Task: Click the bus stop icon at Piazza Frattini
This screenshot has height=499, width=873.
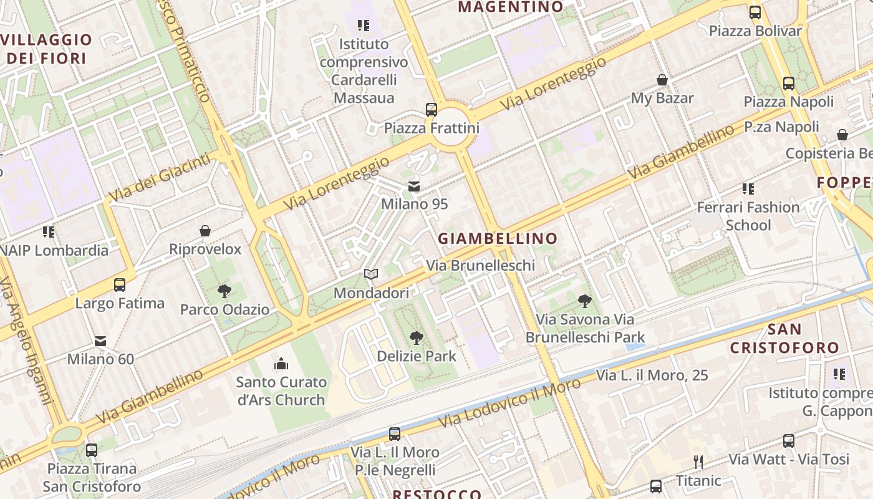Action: pyautogui.click(x=431, y=110)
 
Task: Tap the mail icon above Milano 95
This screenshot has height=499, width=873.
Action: pyautogui.click(x=414, y=186)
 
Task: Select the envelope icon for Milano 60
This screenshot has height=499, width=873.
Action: pyautogui.click(x=100, y=341)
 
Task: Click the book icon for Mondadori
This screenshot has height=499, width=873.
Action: pyautogui.click(x=371, y=274)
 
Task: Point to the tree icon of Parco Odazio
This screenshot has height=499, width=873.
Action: pyautogui.click(x=224, y=291)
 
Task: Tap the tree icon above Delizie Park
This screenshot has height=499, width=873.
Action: pyautogui.click(x=417, y=338)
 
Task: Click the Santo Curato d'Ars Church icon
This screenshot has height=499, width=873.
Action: pyautogui.click(x=281, y=363)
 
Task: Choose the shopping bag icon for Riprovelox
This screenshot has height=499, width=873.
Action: pyautogui.click(x=205, y=231)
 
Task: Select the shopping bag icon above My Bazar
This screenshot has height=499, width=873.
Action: pyautogui.click(x=662, y=80)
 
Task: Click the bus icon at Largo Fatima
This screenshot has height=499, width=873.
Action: pyautogui.click(x=120, y=285)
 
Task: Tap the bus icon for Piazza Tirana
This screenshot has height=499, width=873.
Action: pyautogui.click(x=92, y=450)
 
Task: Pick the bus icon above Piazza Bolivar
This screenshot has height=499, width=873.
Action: pyautogui.click(x=755, y=12)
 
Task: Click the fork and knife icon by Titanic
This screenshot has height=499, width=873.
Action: pyautogui.click(x=698, y=462)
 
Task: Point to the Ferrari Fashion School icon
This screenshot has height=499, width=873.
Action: pyautogui.click(x=748, y=188)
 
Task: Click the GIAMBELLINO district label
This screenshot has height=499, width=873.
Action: pyautogui.click(x=497, y=238)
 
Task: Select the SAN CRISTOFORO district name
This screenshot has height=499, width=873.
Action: pyautogui.click(x=784, y=338)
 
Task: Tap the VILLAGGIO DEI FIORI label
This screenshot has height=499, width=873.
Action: pyautogui.click(x=46, y=49)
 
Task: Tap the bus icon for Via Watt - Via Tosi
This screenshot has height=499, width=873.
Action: pyautogui.click(x=789, y=441)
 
